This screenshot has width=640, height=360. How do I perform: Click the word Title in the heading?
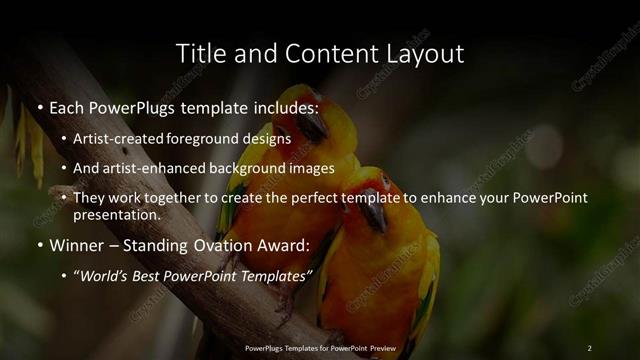pos(199,53)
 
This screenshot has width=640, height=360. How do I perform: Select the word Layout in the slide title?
pos(424,53)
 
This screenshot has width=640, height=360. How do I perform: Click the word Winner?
pos(76,245)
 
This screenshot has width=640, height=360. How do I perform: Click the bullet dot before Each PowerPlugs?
pos(39,106)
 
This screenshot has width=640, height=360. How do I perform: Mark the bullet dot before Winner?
pos(39,246)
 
